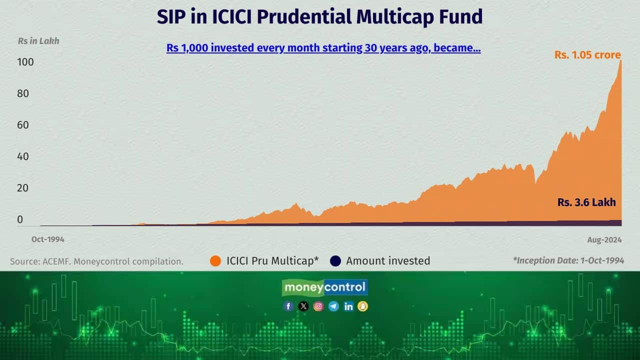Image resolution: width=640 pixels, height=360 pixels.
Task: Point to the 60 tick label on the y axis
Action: (x=23, y=125)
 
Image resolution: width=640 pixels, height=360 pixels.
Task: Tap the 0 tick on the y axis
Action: (x=20, y=219)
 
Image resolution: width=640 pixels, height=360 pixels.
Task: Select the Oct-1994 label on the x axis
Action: (x=47, y=239)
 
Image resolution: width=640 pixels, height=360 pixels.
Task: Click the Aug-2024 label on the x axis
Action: (x=604, y=240)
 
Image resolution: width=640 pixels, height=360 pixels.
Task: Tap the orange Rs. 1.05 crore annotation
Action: (x=587, y=55)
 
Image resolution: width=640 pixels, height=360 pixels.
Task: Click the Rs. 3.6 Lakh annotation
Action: (x=586, y=202)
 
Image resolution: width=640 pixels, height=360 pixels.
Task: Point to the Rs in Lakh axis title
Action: (x=38, y=41)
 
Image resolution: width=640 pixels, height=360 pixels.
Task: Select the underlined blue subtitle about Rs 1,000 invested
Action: (x=323, y=48)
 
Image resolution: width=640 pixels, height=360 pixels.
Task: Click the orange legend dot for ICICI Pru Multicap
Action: (x=215, y=261)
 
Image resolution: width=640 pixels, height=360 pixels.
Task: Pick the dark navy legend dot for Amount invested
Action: (x=335, y=261)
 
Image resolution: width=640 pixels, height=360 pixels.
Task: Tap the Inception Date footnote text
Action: (x=568, y=260)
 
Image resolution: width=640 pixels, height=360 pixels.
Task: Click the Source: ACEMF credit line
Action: (x=96, y=261)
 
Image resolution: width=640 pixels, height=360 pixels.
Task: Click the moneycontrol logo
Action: (x=325, y=287)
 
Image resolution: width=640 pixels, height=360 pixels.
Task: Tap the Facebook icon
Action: (x=288, y=306)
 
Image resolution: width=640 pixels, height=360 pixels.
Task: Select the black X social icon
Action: (x=303, y=306)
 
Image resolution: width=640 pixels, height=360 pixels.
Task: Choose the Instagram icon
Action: (x=318, y=306)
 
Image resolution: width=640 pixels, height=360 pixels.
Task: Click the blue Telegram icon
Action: (x=333, y=306)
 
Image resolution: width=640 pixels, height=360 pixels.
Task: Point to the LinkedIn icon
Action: (x=348, y=306)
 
